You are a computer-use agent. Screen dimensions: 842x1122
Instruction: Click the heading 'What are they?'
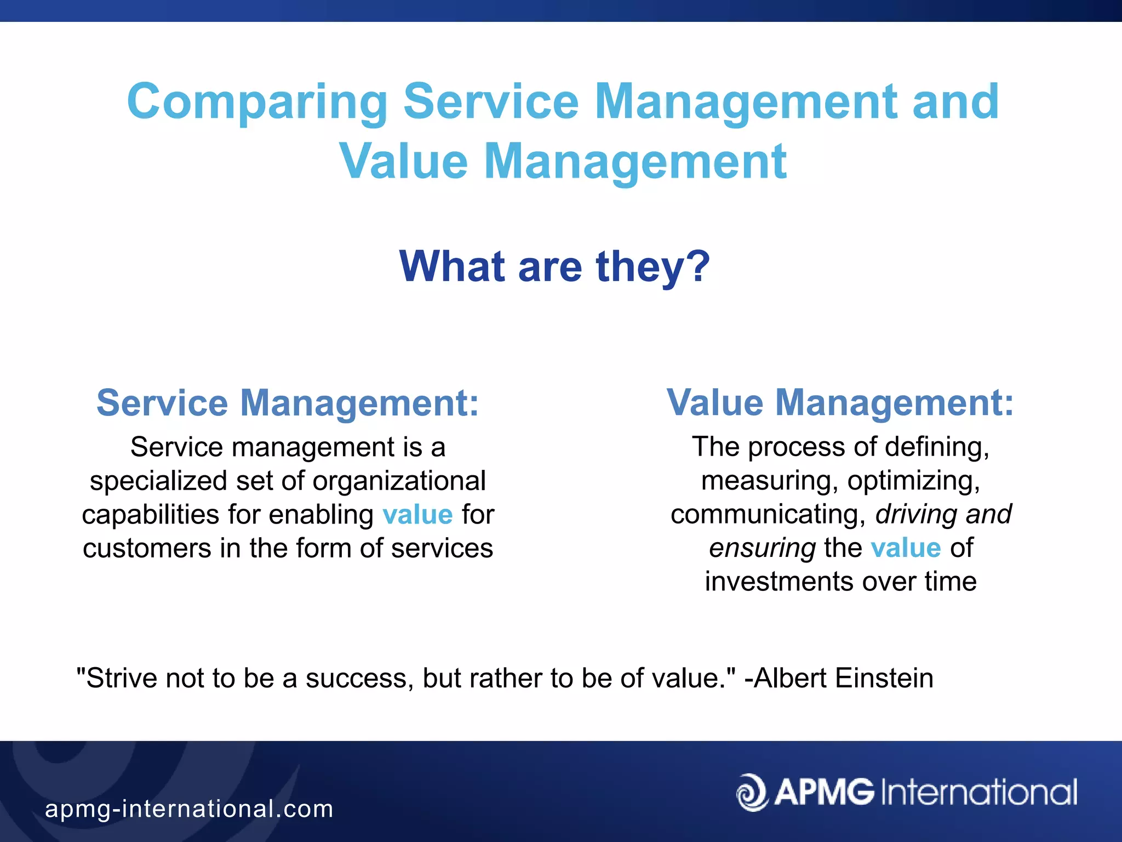click(554, 266)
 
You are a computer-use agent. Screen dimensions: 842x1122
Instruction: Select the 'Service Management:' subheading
click(288, 403)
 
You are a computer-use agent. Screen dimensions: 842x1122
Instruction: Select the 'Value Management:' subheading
click(840, 403)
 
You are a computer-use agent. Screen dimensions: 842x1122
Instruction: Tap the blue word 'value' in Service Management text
click(417, 515)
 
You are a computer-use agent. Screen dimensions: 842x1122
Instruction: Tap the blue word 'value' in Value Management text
click(906, 548)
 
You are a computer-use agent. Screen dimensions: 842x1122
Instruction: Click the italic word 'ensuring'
click(762, 548)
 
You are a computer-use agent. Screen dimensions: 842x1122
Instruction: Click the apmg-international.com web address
click(189, 809)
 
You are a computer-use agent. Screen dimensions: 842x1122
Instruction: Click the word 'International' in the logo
click(979, 793)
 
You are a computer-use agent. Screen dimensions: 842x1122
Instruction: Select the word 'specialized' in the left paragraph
click(158, 481)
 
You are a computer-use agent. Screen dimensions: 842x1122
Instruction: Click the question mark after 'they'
click(699, 266)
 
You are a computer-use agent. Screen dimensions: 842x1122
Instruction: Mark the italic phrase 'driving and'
click(943, 514)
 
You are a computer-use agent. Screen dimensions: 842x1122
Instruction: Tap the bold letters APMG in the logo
click(824, 793)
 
